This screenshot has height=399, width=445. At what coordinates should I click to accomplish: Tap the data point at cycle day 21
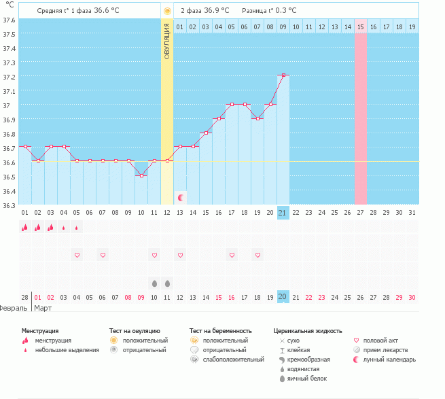pyautogui.click(x=283, y=75)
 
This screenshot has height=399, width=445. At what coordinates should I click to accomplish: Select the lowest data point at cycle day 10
pyautogui.click(x=141, y=175)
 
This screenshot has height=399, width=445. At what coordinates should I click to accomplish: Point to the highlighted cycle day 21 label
pyautogui.click(x=283, y=213)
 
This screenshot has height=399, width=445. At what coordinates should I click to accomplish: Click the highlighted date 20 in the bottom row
pyautogui.click(x=283, y=297)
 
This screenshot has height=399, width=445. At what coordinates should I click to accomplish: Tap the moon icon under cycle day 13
pyautogui.click(x=181, y=197)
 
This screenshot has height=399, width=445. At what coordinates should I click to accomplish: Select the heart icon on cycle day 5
pyautogui.click(x=77, y=255)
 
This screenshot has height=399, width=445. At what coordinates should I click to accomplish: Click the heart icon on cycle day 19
pyautogui.click(x=257, y=255)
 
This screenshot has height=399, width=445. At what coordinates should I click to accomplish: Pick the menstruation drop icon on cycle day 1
pyautogui.click(x=25, y=228)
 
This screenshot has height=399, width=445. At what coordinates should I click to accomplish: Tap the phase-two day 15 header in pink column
pyautogui.click(x=361, y=27)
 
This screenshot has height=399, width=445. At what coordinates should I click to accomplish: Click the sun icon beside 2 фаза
pyautogui.click(x=167, y=11)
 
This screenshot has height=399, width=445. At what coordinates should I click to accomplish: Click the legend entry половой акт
pyautogui.click(x=380, y=340)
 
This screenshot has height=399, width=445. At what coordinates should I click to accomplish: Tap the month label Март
pyautogui.click(x=43, y=308)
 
